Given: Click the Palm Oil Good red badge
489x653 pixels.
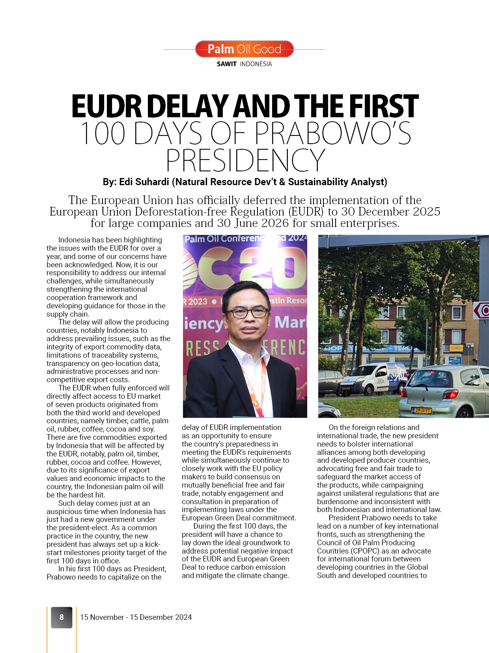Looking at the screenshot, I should pos(244,49).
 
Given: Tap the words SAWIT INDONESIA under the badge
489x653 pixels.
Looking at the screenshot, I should pos(244,64).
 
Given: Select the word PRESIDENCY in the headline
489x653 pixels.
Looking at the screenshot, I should pos(245,160).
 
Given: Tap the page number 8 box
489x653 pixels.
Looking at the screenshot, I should pos(62,617).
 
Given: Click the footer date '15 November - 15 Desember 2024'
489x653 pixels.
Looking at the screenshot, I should pos(136,617).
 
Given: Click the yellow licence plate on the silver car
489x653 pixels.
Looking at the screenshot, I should pos(422,411).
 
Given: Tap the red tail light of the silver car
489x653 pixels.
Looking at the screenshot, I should pos(450,394).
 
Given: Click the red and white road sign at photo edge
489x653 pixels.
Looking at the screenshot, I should pos(482,311).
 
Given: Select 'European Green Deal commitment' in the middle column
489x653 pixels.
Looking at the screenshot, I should pos(238,518).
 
